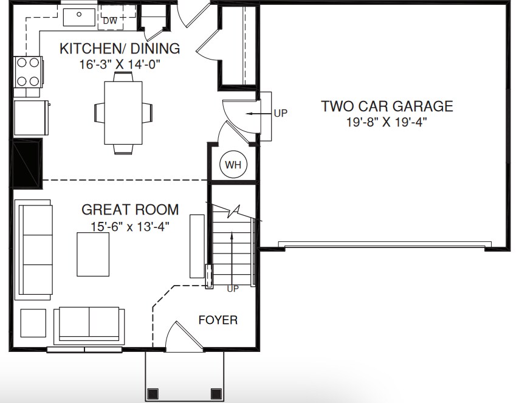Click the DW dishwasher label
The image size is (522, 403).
point(110,21)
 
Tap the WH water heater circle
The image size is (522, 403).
point(233,165)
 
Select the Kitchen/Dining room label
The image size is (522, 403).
point(120,49)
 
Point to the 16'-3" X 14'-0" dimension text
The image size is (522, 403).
point(120,64)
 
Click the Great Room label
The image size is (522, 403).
point(130,210)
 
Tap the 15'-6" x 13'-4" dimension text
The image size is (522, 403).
point(130,227)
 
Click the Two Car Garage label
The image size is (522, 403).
point(387,106)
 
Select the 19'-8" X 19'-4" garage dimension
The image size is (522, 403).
point(387,122)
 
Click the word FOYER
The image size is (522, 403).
point(218,320)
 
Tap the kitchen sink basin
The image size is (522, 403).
point(79,17)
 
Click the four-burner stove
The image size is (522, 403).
point(28,72)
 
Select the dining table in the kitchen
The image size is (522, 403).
point(123,113)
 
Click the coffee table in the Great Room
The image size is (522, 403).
point(93,254)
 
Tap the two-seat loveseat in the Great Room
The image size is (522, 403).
point(89,325)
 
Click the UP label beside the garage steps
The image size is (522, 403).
point(281,113)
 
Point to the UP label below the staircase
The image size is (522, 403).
point(233,289)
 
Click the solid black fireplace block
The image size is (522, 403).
point(27,164)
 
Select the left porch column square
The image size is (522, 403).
point(153,394)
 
